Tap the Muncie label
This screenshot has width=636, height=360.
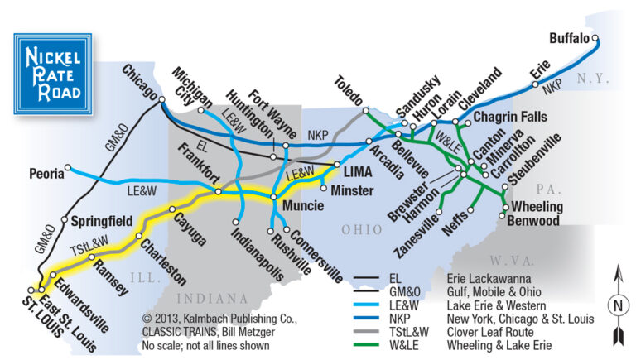pyautogui.click(x=302, y=203)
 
